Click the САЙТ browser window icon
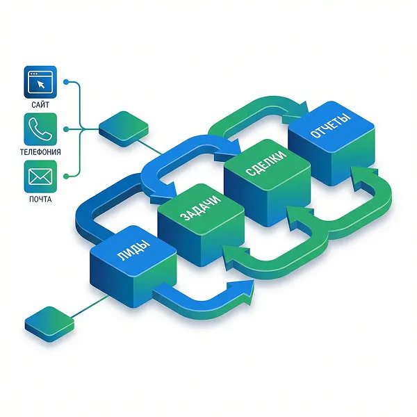tap(40, 82)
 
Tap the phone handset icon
tap(40, 129)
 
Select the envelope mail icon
tap(40, 177)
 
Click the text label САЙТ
tap(40, 105)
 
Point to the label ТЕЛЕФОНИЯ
tap(40, 152)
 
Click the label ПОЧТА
tap(40, 199)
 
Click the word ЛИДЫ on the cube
tap(133, 250)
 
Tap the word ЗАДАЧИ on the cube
tap(201, 208)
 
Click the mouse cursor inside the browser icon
tap(41, 85)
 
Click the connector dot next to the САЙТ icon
tap(66, 82)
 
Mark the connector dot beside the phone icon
tap(66, 129)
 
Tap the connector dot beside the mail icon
tap(66, 176)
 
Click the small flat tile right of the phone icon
tap(124, 129)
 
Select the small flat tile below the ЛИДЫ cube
tap(50, 324)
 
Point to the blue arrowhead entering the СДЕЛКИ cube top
tap(229, 151)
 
